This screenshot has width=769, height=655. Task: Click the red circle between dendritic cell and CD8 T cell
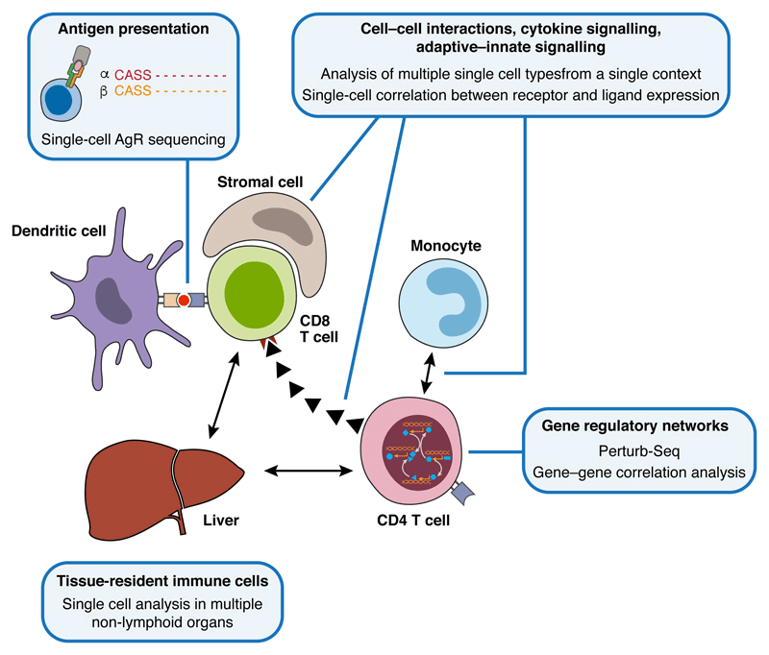(183, 301)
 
